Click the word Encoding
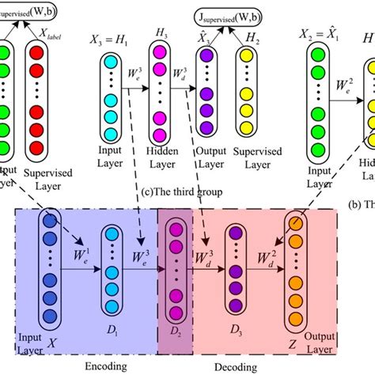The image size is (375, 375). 104,366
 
